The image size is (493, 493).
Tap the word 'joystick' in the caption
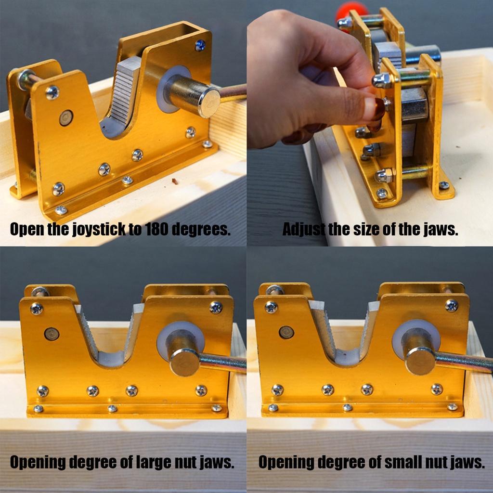point(99,230)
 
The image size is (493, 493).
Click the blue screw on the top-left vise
point(200,46)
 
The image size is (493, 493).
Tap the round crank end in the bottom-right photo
point(420,361)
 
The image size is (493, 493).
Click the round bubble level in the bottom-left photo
point(52,334)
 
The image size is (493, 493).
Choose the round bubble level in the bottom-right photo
point(286,332)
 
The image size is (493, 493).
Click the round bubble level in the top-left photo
point(66,117)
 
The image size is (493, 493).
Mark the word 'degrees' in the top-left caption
point(201,230)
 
